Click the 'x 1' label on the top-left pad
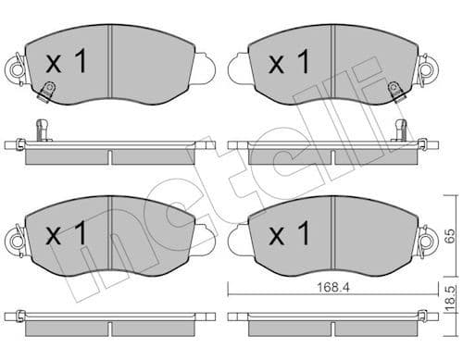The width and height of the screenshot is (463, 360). click(66, 63)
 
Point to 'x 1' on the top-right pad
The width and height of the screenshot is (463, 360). click(288, 63)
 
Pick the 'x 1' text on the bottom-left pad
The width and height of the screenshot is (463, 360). click(66, 234)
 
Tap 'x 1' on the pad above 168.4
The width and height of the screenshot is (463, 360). click(288, 234)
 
